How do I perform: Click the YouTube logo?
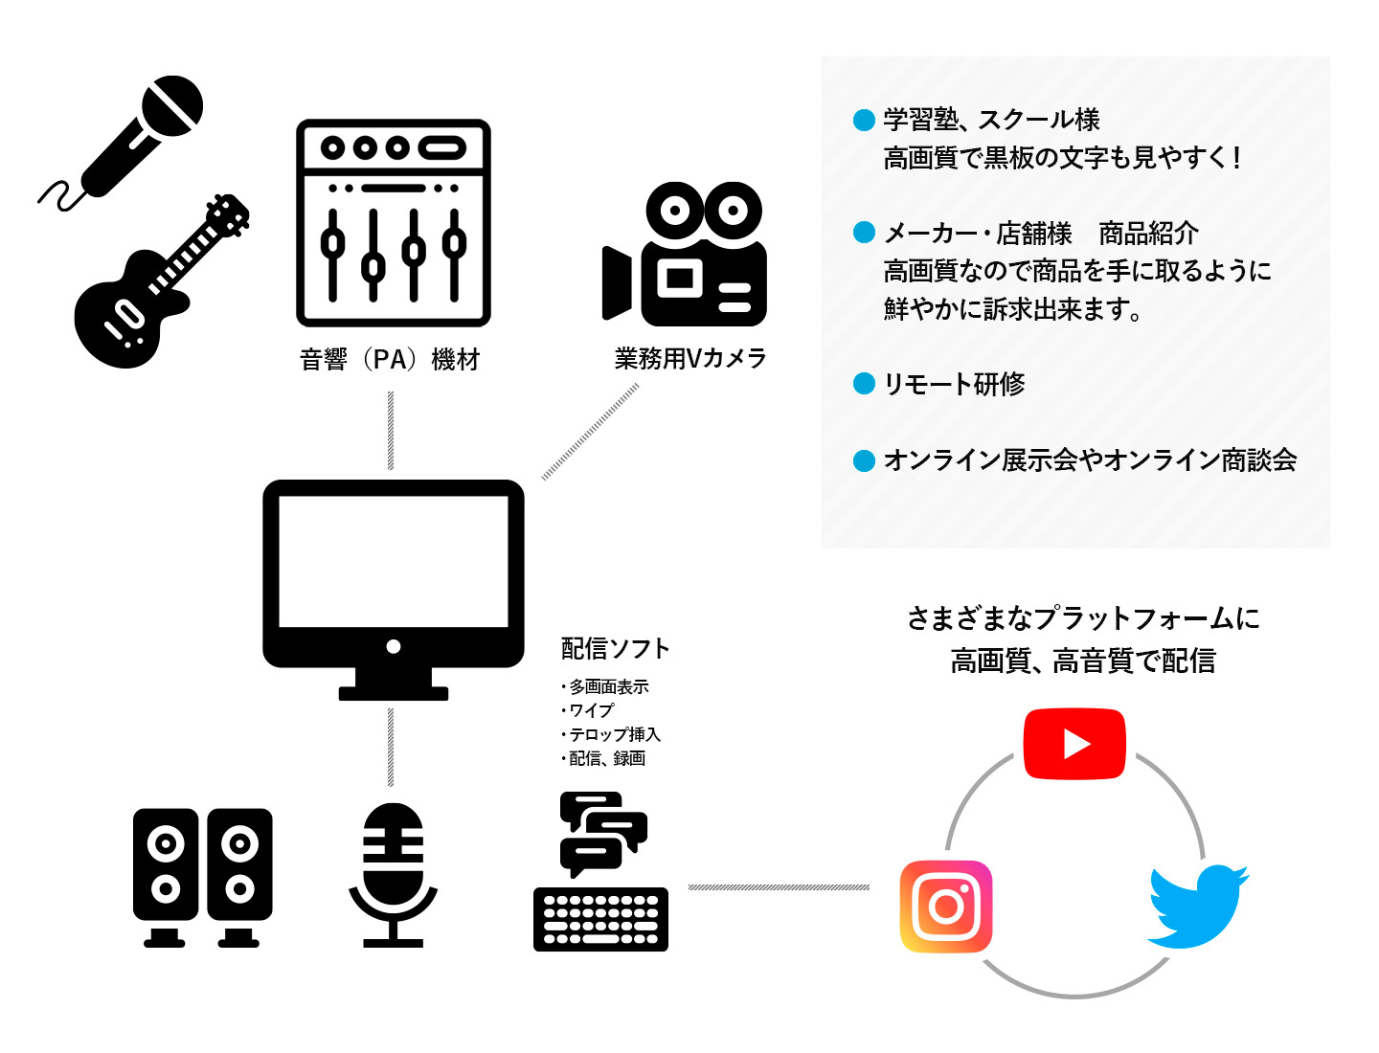1074,744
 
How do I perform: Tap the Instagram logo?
946,907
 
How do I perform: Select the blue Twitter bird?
1197,907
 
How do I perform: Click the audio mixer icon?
393,223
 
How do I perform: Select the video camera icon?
685,255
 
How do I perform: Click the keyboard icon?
600,919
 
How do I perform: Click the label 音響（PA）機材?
390,360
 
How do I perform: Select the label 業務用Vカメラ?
690,359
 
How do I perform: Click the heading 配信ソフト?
615,649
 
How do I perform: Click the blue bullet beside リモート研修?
864,384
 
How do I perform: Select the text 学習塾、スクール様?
991,120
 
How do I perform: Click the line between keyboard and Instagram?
779,887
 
